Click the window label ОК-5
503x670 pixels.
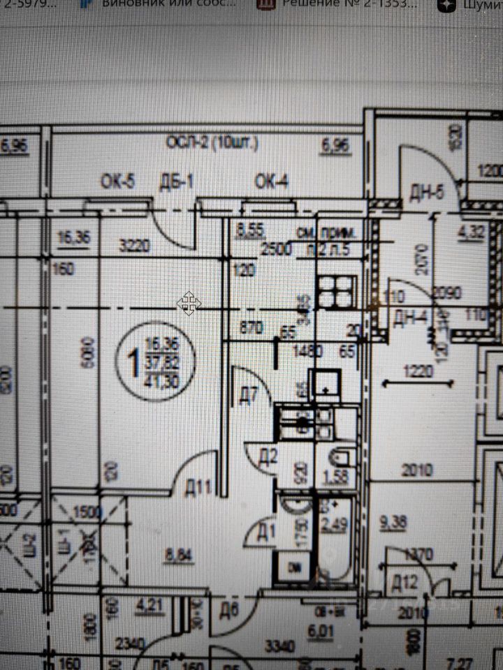pos(117,181)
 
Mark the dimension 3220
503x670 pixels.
pos(135,246)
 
